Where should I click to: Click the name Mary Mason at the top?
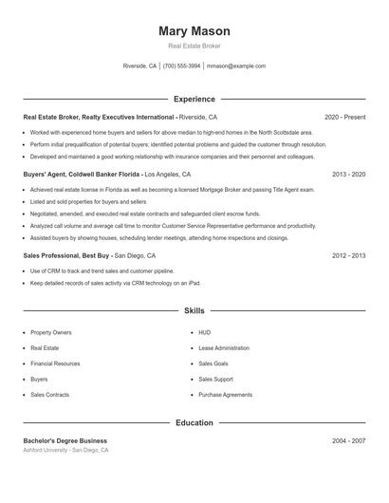[x=194, y=31]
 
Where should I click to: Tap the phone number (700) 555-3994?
[x=181, y=66]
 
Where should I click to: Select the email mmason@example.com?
[x=235, y=66]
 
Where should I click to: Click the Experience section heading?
[x=194, y=99]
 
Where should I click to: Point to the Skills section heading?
[x=194, y=310]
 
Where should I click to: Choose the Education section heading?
[x=194, y=422]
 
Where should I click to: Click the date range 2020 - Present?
[x=344, y=117]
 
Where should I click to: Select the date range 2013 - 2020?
[x=348, y=175]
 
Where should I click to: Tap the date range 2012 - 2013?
[x=348, y=255]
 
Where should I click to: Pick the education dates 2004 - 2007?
[x=348, y=440]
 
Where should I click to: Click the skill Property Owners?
[x=50, y=333]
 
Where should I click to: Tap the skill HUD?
[x=204, y=333]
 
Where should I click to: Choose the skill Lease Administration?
[x=223, y=348]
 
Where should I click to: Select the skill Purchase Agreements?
[x=225, y=394]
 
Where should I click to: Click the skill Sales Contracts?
[x=49, y=394]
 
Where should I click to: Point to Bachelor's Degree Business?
[x=65, y=440]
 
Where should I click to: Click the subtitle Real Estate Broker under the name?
[x=194, y=46]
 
